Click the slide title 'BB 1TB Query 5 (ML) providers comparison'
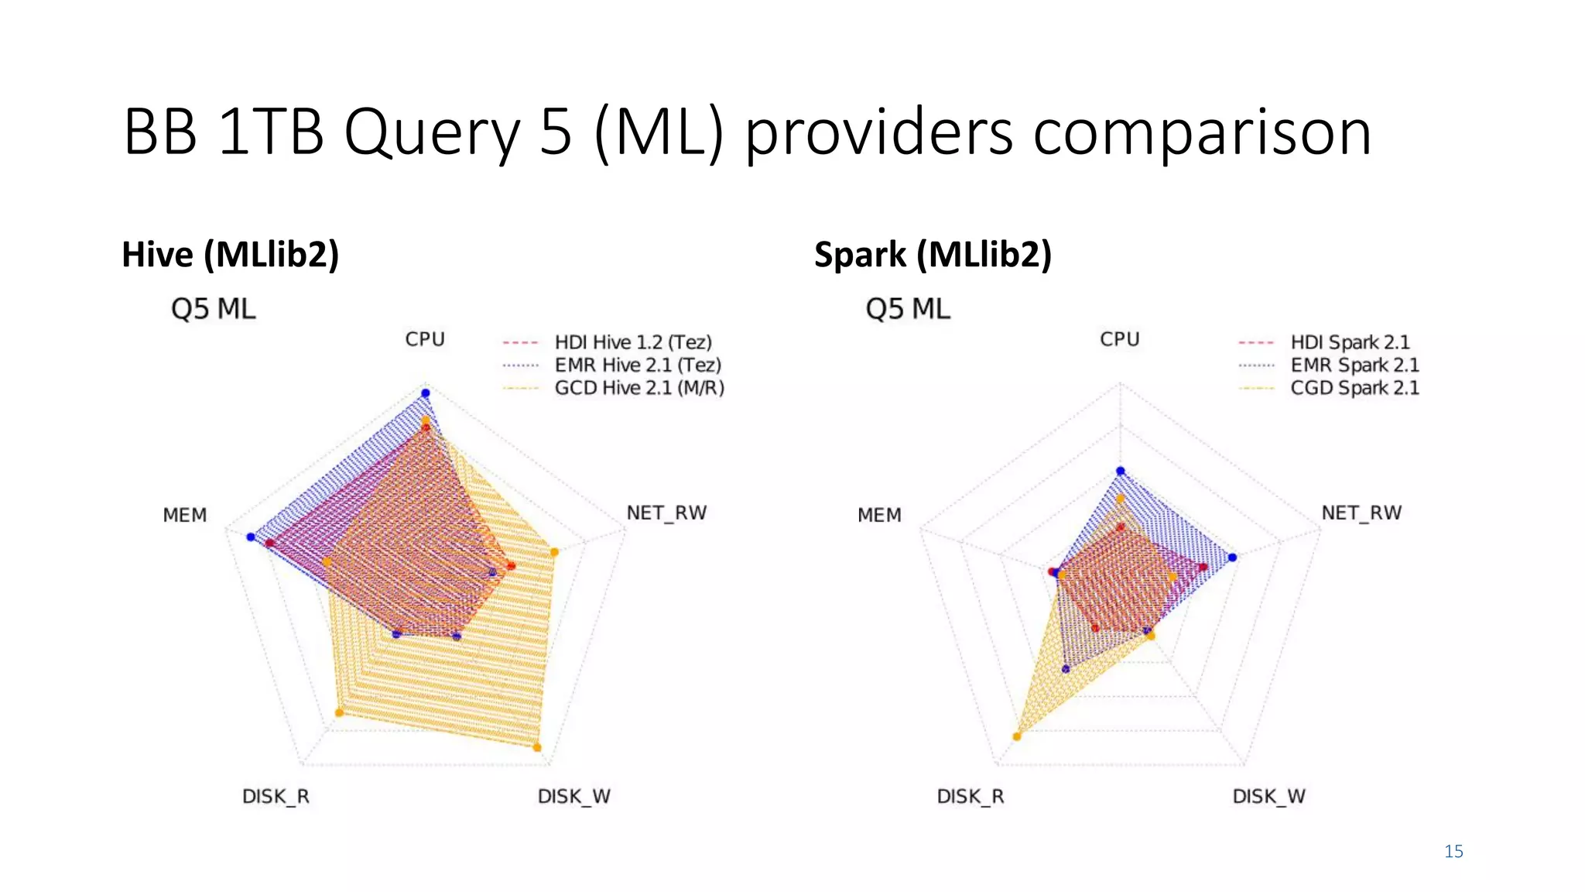tap(747, 132)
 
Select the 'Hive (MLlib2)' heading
tap(231, 255)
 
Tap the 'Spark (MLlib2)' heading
tap(933, 255)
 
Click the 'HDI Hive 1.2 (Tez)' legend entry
tap(632, 342)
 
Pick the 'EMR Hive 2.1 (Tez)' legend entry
tap(637, 365)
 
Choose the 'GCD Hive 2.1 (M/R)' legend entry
tap(638, 388)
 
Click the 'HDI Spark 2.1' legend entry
tap(1349, 342)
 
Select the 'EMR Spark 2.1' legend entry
tap(1354, 365)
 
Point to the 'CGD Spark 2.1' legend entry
tap(1354, 388)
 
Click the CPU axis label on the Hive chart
tap(425, 339)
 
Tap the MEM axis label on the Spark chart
tap(879, 515)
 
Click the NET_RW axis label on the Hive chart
tap(666, 513)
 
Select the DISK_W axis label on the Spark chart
tap(1268, 796)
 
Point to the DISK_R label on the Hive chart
tap(276, 796)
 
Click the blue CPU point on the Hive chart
tap(425, 393)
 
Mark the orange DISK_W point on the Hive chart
tap(537, 748)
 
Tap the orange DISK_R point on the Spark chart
tap(1017, 736)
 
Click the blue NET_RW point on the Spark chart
tap(1233, 557)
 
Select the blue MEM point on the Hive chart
tap(250, 537)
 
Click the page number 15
tap(1453, 852)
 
